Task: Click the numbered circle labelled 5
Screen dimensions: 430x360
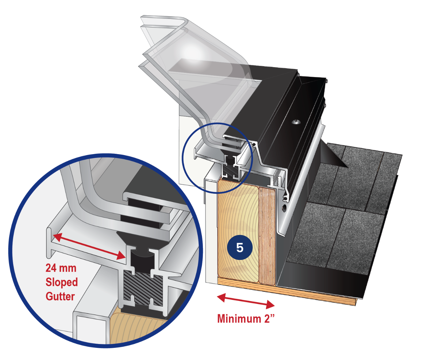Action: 240,247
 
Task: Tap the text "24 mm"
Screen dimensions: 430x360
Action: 61,268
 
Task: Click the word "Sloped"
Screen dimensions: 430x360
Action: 62,282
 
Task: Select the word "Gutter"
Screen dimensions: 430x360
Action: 60,296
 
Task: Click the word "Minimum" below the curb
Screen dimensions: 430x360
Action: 239,318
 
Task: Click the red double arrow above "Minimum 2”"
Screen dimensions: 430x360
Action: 246,301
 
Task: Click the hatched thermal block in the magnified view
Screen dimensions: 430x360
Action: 143,288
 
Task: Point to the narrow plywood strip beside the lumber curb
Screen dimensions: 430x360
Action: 267,236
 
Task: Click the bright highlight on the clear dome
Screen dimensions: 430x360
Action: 193,54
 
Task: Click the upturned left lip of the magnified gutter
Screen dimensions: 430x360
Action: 49,243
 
